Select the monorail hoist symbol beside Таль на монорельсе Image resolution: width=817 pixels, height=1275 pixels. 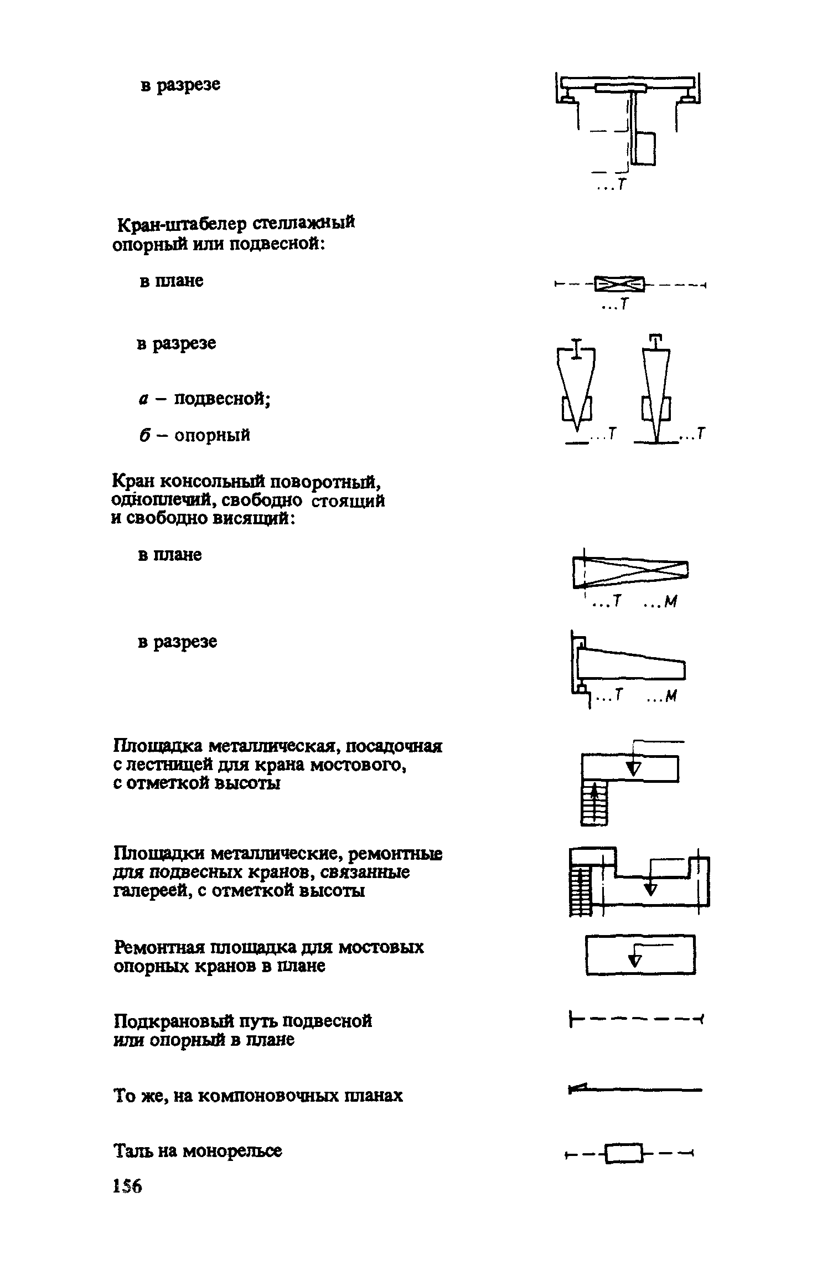pos(624,1154)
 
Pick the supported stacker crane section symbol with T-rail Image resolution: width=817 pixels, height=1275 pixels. pos(656,388)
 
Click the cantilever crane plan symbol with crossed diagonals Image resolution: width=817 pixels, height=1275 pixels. pos(630,574)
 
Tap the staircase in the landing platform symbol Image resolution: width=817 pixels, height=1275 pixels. pos(594,803)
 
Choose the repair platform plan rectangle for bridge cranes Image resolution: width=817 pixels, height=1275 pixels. pos(640,954)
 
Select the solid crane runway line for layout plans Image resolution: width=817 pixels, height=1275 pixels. pos(635,1090)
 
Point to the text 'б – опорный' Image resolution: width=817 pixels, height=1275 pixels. pos(194,435)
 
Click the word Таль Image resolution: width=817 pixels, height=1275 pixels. pos(133,1151)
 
